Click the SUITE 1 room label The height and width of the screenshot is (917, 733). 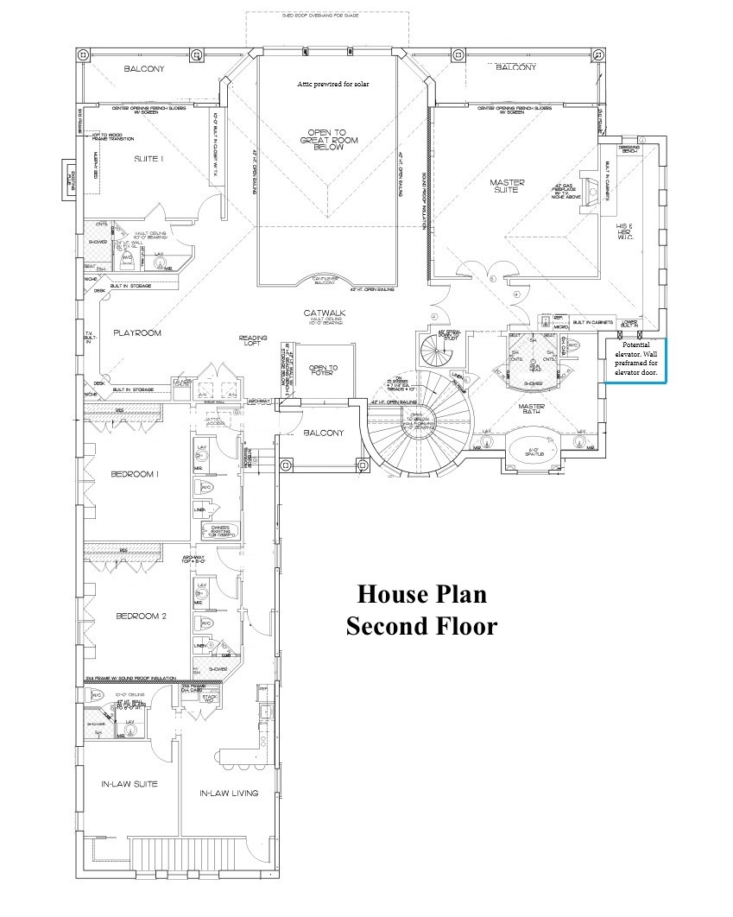pyautogui.click(x=149, y=159)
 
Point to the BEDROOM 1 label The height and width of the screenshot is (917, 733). pyautogui.click(x=140, y=474)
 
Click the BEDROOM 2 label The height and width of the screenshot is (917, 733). pyautogui.click(x=140, y=616)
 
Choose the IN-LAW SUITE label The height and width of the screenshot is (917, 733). pyautogui.click(x=129, y=784)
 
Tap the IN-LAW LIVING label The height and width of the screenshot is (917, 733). pyautogui.click(x=229, y=793)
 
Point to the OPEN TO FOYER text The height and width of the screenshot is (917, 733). pyautogui.click(x=323, y=372)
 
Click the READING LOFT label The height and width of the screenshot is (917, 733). pyautogui.click(x=253, y=341)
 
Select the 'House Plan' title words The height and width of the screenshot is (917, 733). pyautogui.click(x=422, y=594)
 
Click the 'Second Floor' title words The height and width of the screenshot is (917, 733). pyautogui.click(x=422, y=625)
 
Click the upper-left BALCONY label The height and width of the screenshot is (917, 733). pyautogui.click(x=143, y=69)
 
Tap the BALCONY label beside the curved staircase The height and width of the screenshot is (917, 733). pyautogui.click(x=322, y=433)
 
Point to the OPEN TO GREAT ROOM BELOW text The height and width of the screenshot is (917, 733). pyautogui.click(x=327, y=140)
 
